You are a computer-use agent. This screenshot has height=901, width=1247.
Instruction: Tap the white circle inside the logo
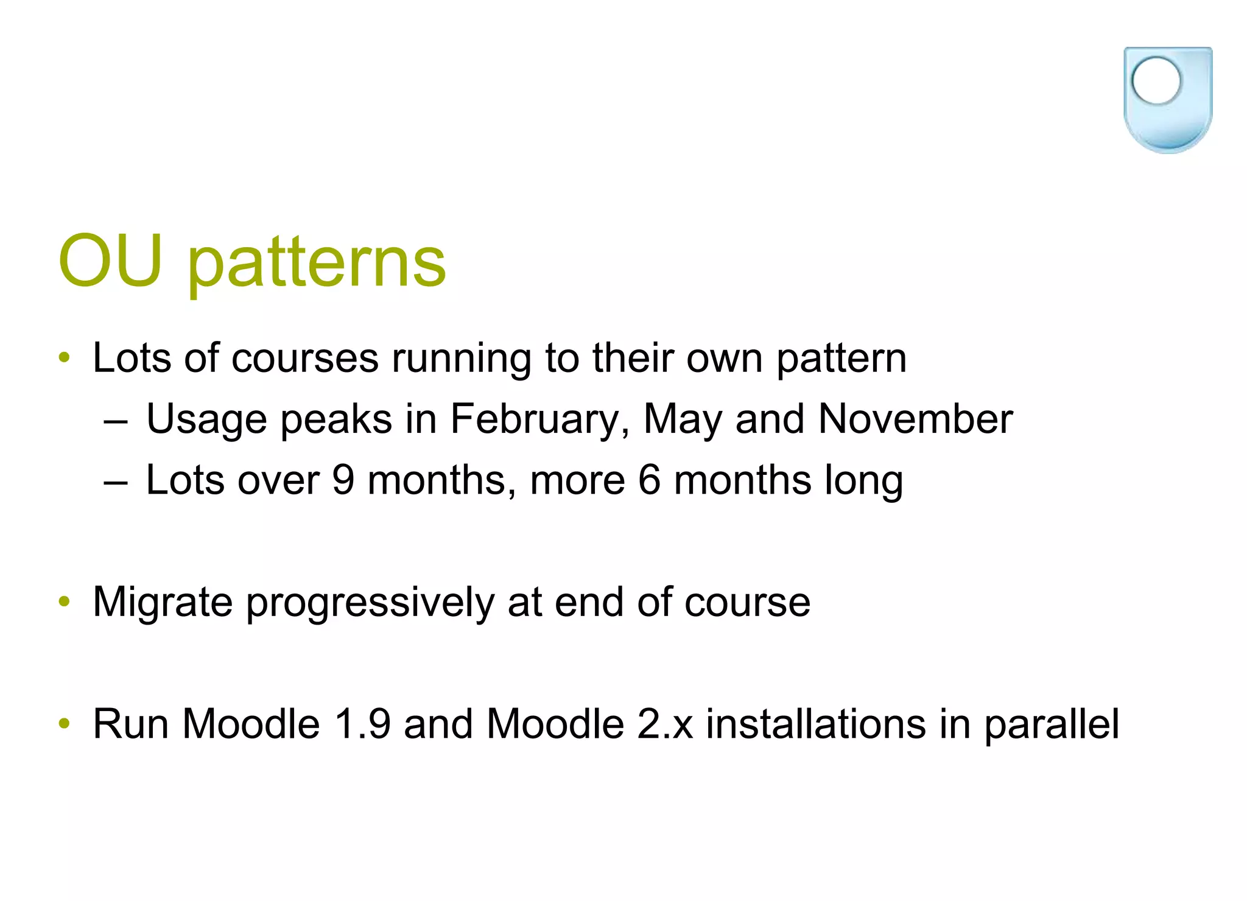pyautogui.click(x=1156, y=80)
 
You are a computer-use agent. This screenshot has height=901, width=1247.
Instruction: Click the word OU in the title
pyautogui.click(x=110, y=261)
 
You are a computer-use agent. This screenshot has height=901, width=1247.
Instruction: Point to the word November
pyautogui.click(x=915, y=419)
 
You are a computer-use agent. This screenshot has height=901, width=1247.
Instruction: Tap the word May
pyautogui.click(x=682, y=420)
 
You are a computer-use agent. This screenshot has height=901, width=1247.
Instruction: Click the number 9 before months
pyautogui.click(x=343, y=480)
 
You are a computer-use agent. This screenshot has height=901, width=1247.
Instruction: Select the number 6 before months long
pyautogui.click(x=649, y=480)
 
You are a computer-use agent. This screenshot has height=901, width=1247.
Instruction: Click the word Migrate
pyautogui.click(x=163, y=602)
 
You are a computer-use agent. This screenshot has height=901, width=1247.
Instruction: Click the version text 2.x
pyautogui.click(x=665, y=724)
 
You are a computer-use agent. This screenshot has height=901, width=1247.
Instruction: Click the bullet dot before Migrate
pyautogui.click(x=65, y=602)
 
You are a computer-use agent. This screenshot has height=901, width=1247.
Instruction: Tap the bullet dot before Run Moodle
pyautogui.click(x=65, y=724)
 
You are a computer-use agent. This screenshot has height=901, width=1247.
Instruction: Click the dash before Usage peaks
pyautogui.click(x=116, y=421)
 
